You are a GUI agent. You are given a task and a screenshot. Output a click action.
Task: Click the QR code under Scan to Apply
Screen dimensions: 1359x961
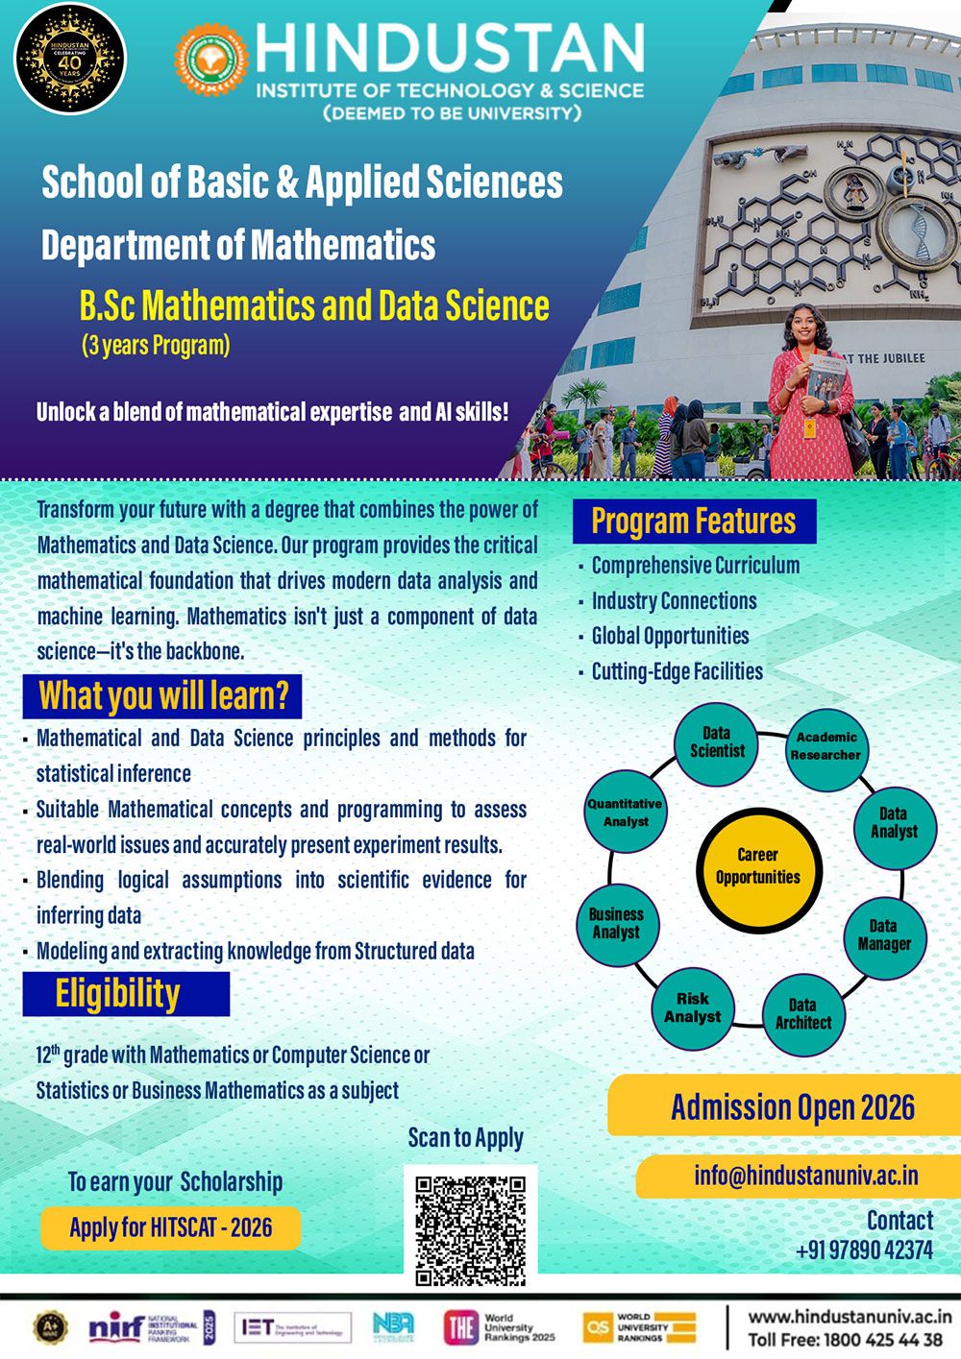click(470, 1230)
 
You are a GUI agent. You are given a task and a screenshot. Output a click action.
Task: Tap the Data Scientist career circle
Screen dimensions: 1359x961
click(717, 743)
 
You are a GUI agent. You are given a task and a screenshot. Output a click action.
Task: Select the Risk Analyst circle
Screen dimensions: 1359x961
click(692, 1007)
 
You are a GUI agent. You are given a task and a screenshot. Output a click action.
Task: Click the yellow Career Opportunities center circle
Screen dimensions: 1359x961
click(757, 865)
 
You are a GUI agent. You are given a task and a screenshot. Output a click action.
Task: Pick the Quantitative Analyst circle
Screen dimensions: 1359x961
click(626, 813)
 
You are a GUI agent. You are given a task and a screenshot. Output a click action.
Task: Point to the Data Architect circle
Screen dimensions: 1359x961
click(802, 1014)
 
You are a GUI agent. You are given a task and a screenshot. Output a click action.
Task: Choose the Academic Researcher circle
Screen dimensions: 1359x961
click(825, 746)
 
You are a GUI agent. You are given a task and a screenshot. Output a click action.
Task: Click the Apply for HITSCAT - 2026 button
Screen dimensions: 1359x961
click(170, 1227)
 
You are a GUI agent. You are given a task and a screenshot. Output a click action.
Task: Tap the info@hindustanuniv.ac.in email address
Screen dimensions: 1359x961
click(805, 1176)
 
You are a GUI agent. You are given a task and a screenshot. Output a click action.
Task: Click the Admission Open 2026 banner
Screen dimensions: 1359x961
click(792, 1107)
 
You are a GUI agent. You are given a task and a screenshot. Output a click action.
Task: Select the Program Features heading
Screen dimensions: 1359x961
click(694, 522)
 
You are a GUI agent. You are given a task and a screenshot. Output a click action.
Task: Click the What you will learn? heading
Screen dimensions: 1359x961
click(162, 696)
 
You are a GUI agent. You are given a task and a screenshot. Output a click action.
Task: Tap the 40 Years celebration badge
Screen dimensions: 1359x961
click(69, 59)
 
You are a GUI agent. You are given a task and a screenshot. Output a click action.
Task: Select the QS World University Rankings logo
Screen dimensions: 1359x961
click(640, 1327)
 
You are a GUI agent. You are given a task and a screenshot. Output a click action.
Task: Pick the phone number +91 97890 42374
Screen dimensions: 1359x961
click(863, 1250)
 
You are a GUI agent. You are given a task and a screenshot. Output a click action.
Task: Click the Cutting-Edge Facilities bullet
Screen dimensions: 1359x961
click(677, 671)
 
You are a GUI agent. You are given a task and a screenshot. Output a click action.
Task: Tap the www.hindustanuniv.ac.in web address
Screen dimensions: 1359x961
click(850, 1318)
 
